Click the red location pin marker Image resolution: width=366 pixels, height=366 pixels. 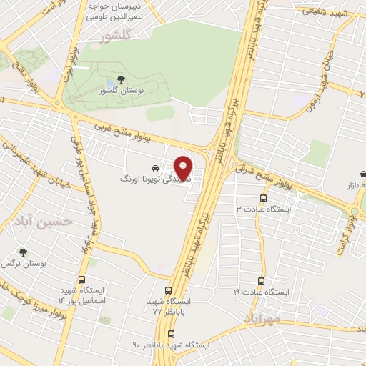[x=183, y=168]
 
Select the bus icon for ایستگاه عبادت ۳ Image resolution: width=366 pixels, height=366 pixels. [x=263, y=199]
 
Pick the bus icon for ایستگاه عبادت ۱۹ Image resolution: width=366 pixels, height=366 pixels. [x=260, y=281]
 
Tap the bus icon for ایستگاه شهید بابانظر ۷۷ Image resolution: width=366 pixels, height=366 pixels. [x=168, y=291]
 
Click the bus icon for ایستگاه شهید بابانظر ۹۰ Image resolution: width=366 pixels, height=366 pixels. [x=171, y=333]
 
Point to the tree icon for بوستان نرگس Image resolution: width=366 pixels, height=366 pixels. [x=23, y=253]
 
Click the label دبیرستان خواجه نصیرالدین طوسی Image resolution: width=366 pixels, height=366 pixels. [x=117, y=10]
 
